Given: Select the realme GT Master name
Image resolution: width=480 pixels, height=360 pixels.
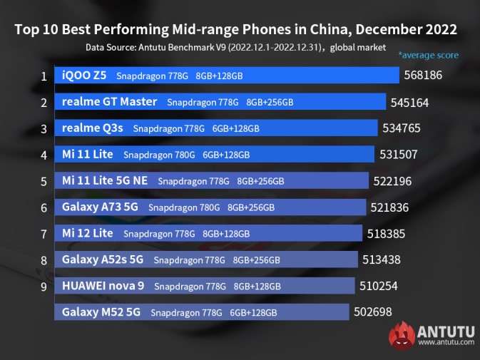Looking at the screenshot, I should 109,101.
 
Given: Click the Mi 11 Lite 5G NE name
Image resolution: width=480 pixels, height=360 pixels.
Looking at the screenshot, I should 105,180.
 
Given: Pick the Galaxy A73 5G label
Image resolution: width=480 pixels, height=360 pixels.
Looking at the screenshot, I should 101,207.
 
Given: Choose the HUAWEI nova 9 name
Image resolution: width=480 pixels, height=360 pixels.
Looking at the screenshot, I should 103,286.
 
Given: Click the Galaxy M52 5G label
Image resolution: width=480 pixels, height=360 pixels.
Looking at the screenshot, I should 101,312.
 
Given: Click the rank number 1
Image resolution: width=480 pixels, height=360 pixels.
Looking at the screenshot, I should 44,76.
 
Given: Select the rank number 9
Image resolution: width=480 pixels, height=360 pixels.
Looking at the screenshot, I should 44,287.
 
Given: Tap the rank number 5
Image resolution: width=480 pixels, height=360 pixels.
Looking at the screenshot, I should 44,181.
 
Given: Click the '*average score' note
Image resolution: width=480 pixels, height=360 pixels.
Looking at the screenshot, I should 428,55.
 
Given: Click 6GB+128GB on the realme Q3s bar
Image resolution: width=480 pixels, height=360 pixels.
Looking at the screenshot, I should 235,129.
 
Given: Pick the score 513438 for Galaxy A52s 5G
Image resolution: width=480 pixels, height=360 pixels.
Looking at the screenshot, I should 384,260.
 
